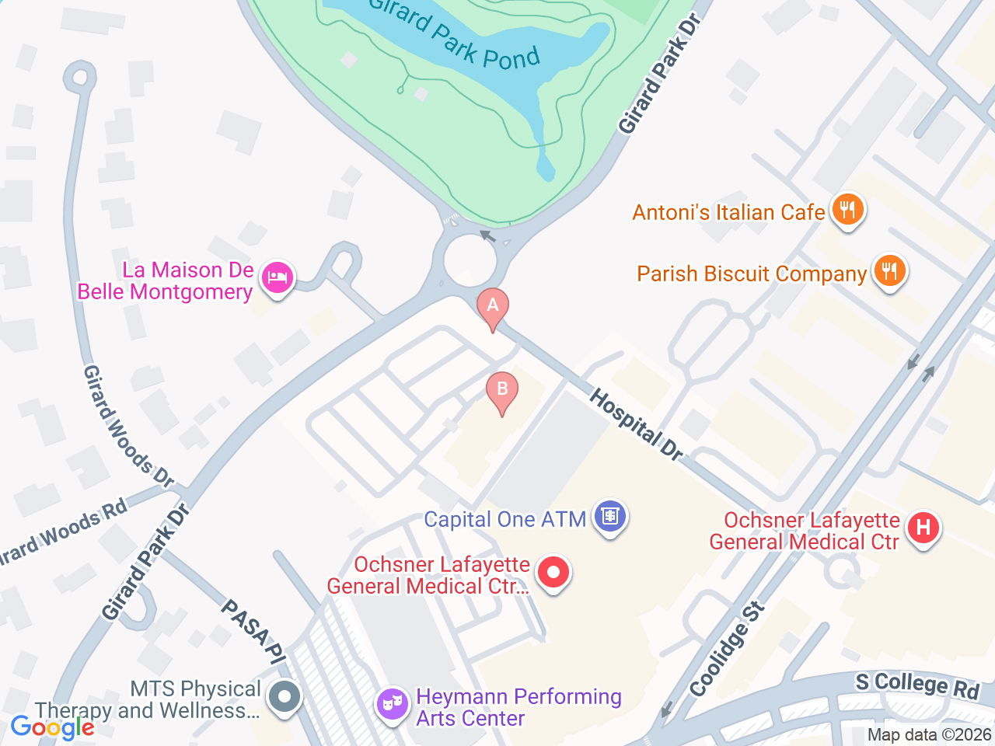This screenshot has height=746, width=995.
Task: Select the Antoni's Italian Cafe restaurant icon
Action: coord(847,210)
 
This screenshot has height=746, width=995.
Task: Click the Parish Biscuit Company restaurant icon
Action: coord(889,271)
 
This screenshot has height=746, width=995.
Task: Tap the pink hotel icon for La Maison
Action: coord(277,277)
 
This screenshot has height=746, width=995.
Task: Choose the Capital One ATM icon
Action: coord(610,517)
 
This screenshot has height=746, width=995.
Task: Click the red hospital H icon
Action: coord(923,528)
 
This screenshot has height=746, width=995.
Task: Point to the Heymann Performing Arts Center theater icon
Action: coord(393,705)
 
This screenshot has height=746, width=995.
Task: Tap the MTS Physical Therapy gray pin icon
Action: coord(285,696)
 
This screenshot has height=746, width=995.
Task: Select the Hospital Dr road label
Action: coord(636,425)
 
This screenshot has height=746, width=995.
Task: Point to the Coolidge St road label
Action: coord(727,649)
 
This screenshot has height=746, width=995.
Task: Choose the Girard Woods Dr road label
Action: coord(127,426)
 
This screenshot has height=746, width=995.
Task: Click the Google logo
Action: coord(53,728)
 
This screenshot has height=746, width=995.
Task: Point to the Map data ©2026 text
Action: coord(929,734)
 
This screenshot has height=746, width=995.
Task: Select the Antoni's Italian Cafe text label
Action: coord(728,212)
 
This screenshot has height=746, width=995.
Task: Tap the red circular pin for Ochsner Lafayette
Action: coord(553,573)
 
